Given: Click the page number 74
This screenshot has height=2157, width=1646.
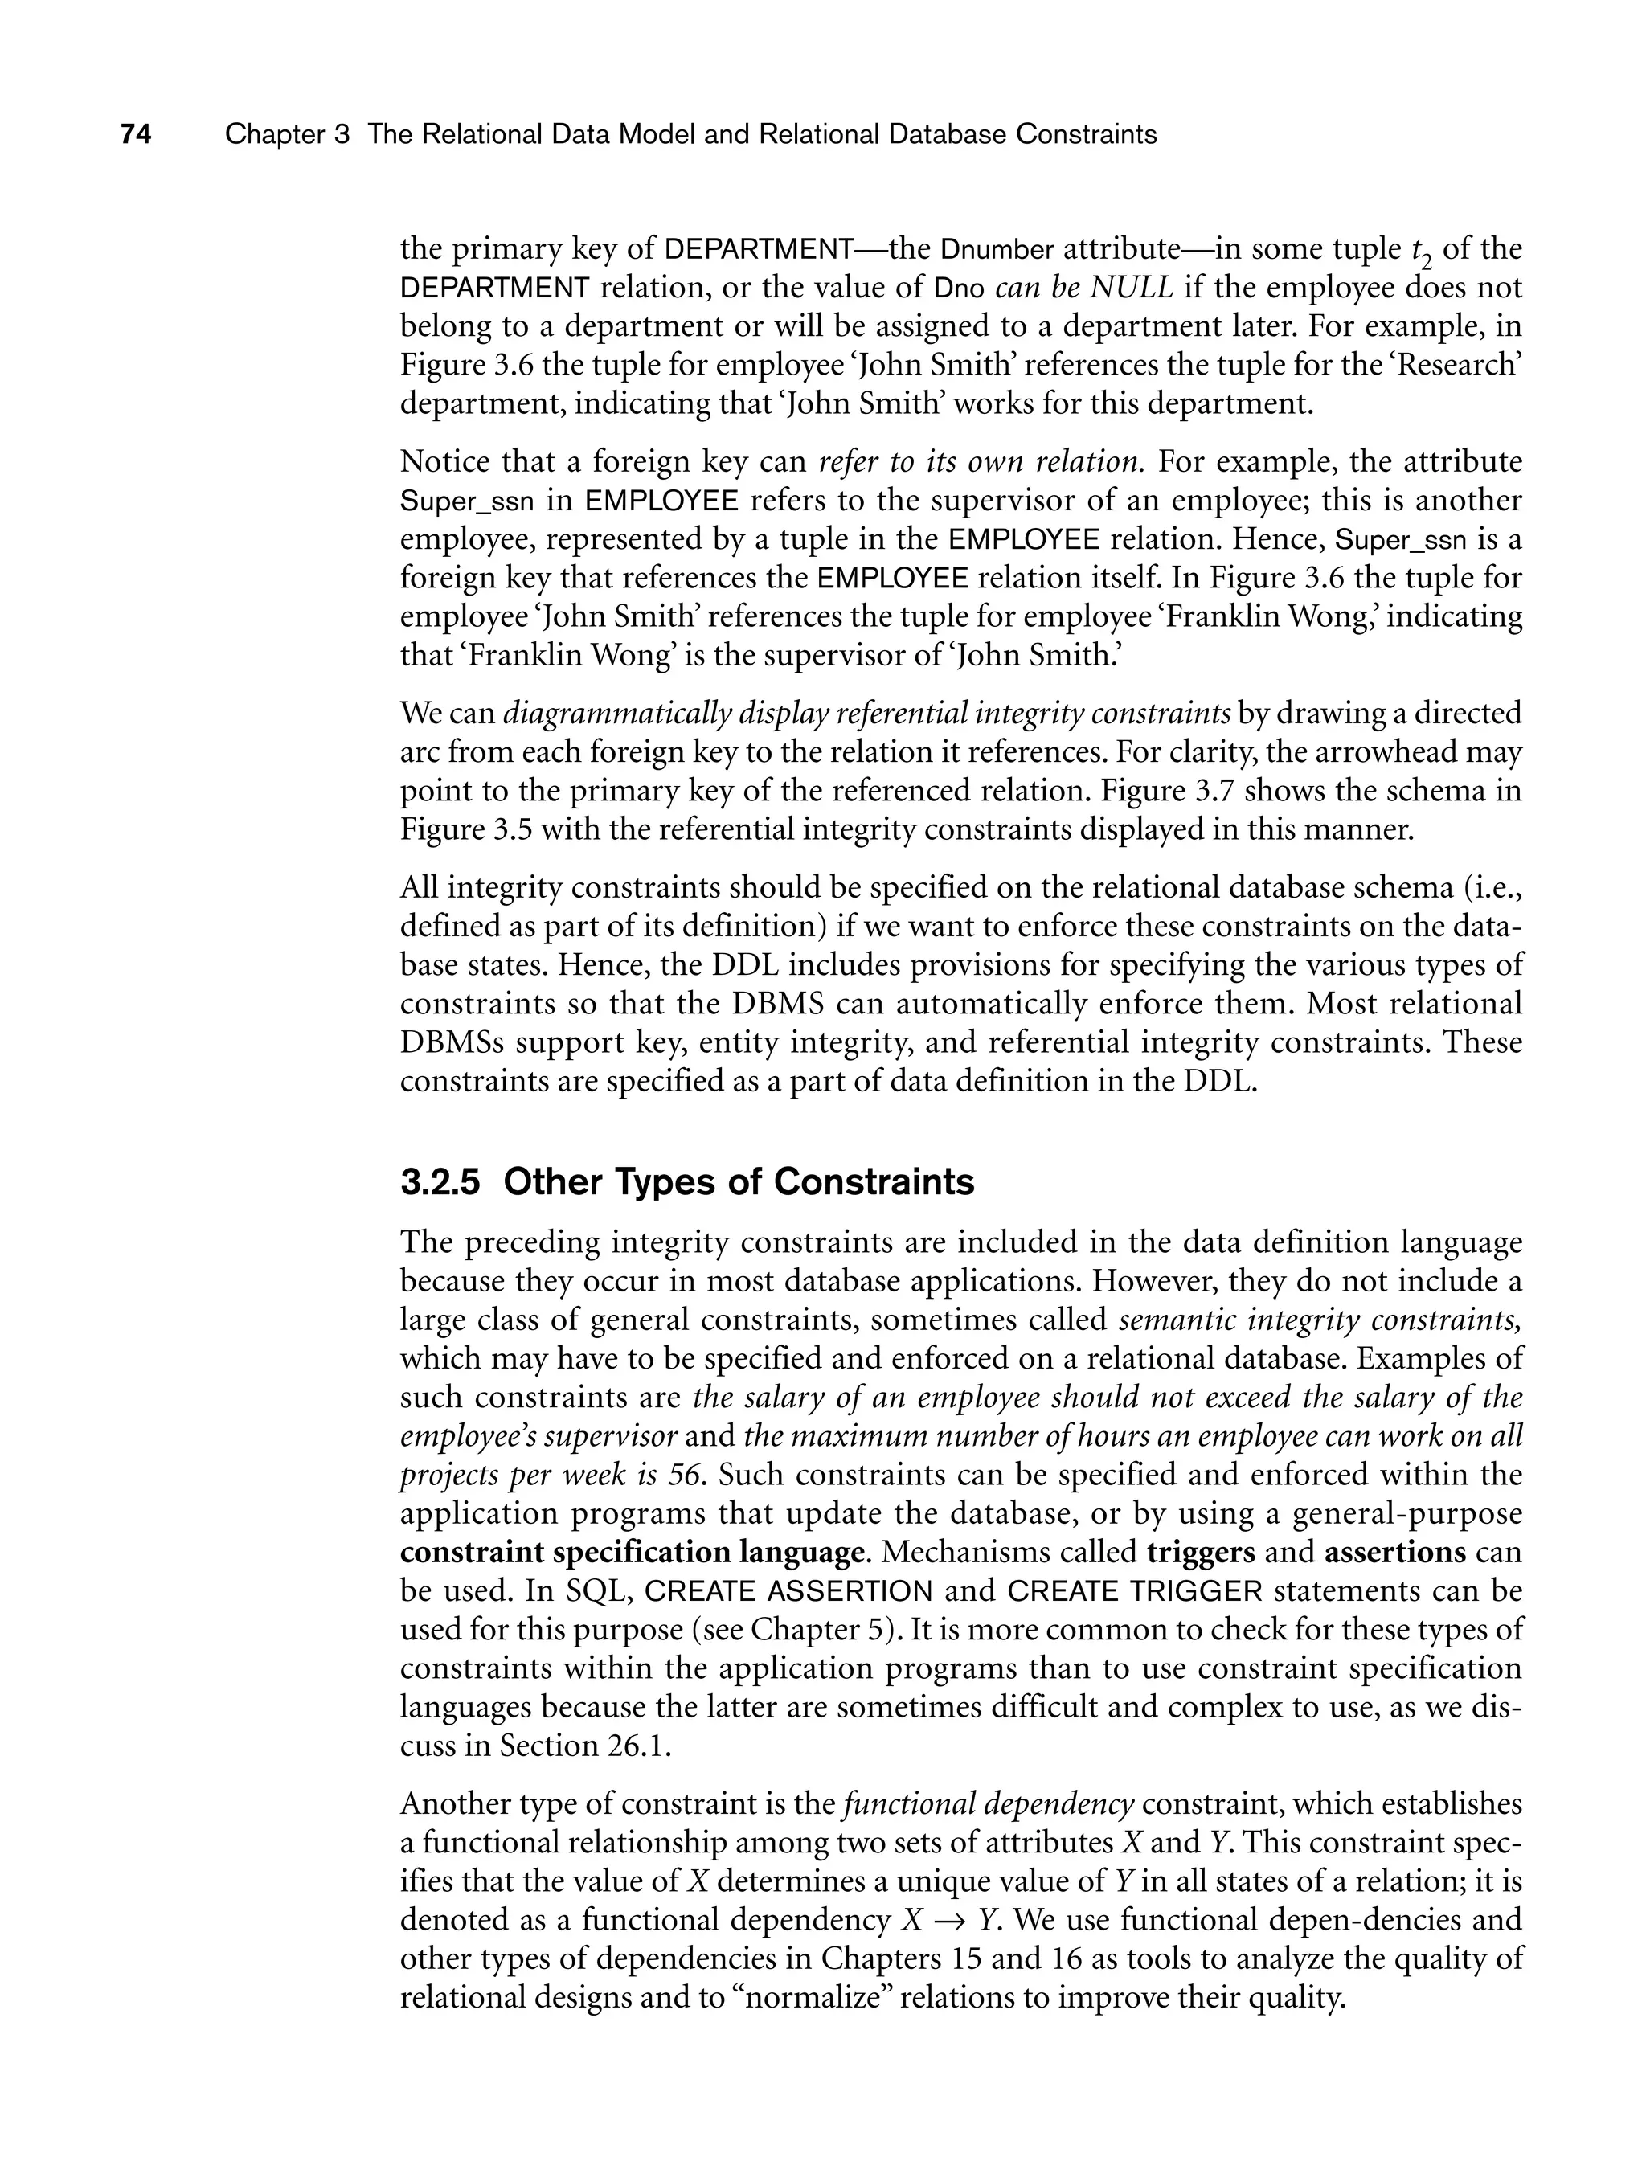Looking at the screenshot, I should coord(135,134).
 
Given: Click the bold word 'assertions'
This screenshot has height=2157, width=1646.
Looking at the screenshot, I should coord(1394,1553).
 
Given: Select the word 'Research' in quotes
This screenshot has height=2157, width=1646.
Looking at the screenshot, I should coord(1461,366).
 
